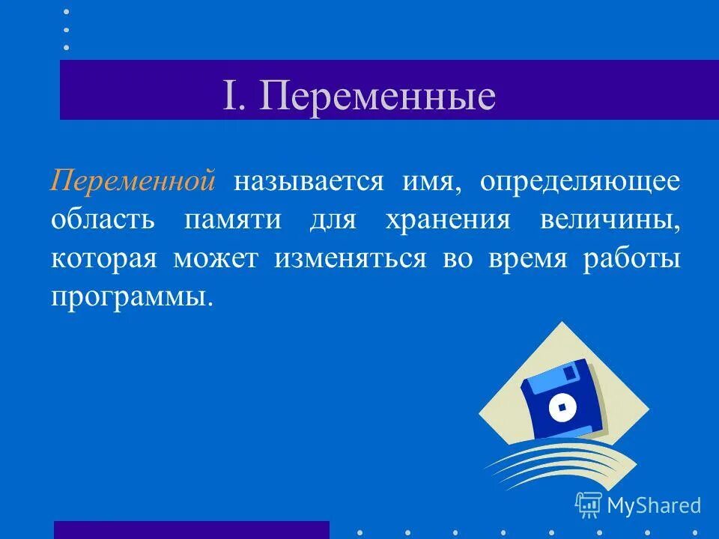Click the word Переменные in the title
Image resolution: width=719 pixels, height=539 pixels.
[378, 97]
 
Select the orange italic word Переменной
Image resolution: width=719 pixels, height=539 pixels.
[134, 182]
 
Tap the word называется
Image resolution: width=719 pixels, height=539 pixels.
[309, 182]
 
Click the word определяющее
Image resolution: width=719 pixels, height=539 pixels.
[580, 182]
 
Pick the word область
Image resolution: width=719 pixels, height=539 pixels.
[103, 220]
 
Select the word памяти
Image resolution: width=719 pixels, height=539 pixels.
[233, 220]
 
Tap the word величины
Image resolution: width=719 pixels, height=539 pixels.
[610, 220]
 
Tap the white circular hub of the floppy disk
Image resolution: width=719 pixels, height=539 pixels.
[561, 408]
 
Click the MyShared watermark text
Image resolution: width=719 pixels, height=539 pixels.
[654, 505]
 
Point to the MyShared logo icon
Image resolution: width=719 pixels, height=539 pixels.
[589, 505]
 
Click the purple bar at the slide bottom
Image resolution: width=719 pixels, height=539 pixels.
[191, 529]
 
